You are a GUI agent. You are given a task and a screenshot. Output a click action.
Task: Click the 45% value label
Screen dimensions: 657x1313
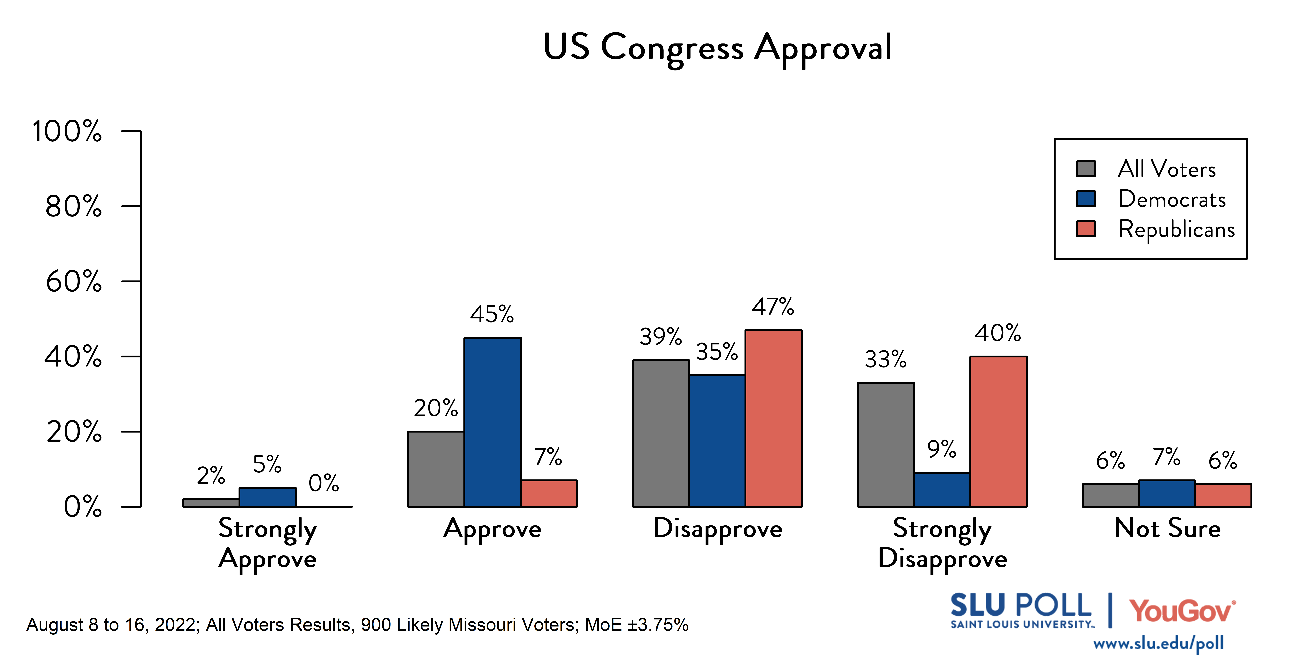(x=492, y=314)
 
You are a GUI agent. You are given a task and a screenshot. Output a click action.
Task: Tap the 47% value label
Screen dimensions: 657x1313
(x=773, y=307)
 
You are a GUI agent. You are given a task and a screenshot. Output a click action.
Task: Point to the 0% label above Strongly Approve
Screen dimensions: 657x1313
(x=324, y=483)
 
